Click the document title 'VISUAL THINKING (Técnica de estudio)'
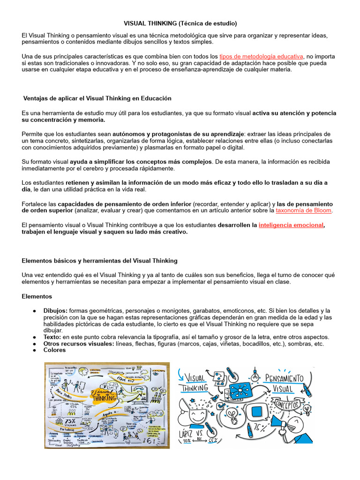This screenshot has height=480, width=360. point(180,23)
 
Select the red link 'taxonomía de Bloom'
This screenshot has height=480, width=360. point(303,210)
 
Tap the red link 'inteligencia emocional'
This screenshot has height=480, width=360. point(291,225)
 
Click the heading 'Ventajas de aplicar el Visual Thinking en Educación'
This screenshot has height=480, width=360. point(97,98)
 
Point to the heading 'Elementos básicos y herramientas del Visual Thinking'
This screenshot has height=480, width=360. point(100,261)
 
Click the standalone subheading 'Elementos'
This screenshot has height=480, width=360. point(37,296)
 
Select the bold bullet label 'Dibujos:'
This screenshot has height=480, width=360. point(56,311)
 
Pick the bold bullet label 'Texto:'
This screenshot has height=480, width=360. point(52,337)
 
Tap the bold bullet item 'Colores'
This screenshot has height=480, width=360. point(54,350)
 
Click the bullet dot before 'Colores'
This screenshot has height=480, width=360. point(35,350)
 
